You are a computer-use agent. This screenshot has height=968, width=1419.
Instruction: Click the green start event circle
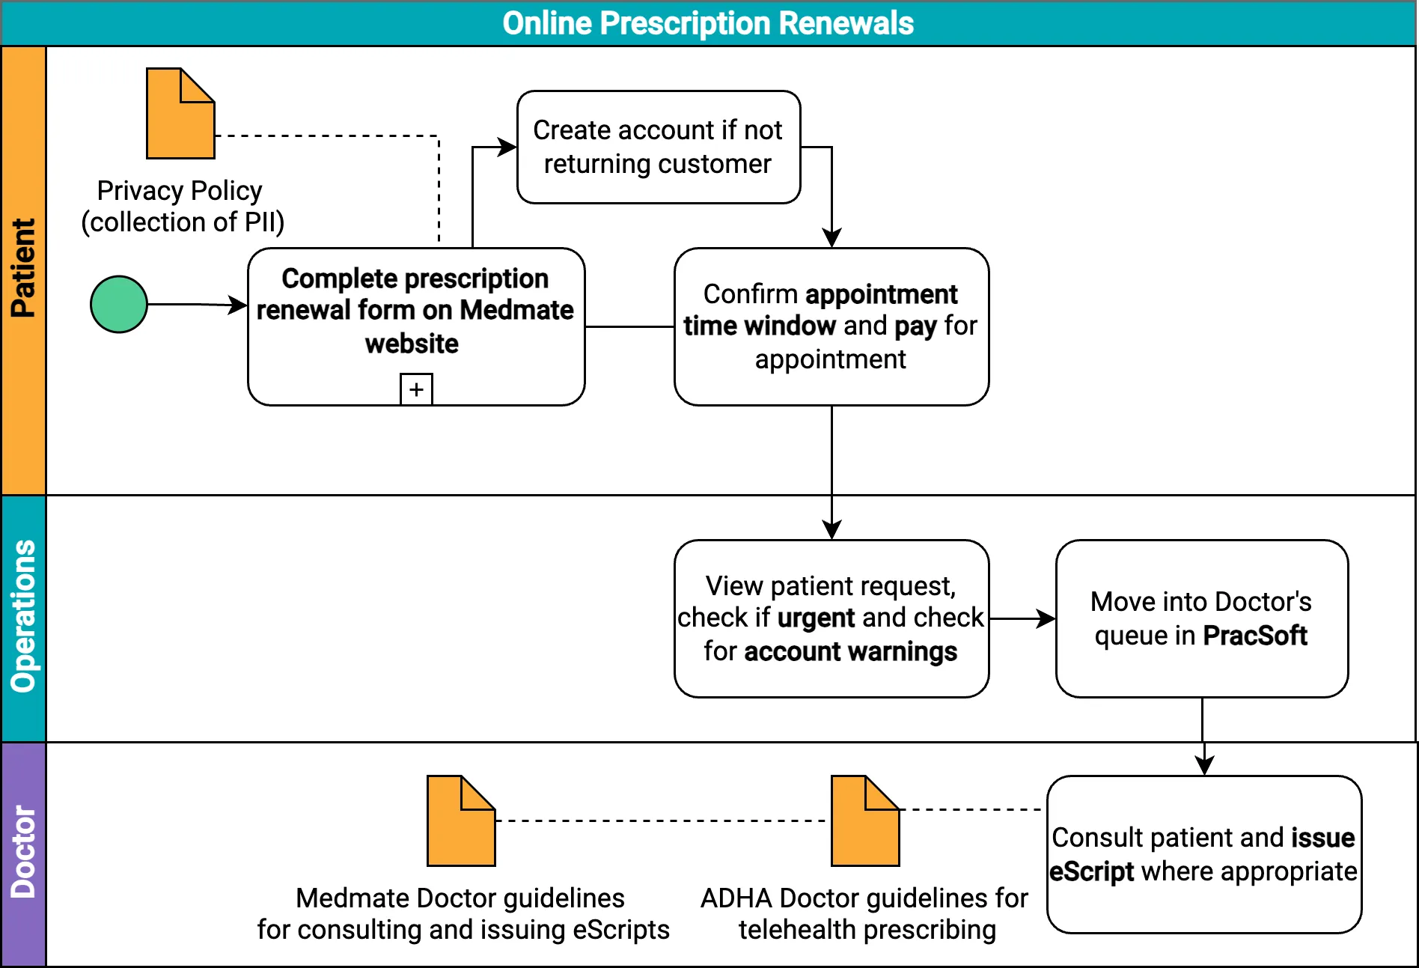[118, 304]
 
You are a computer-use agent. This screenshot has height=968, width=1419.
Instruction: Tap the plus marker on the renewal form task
[416, 389]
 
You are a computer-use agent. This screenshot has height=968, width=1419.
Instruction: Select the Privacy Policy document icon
[180, 114]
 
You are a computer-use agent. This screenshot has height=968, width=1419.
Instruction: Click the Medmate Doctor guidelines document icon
[460, 821]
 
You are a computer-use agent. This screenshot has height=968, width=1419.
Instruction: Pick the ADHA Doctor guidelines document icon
[864, 821]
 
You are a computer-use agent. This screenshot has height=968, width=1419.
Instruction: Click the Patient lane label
[23, 269]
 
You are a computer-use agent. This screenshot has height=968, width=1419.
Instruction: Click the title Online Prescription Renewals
[707, 23]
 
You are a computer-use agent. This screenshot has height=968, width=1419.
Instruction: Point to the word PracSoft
[1254, 636]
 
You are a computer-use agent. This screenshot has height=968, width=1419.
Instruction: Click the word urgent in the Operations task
[815, 618]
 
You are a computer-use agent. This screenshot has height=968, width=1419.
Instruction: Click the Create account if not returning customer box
[658, 147]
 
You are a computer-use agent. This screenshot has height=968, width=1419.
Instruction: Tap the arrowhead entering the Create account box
[509, 147]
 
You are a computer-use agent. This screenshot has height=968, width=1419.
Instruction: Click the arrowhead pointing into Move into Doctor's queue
[1047, 618]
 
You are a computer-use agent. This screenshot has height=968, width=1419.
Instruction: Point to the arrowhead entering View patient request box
[831, 530]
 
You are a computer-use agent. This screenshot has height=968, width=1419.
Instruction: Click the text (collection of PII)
[183, 222]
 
